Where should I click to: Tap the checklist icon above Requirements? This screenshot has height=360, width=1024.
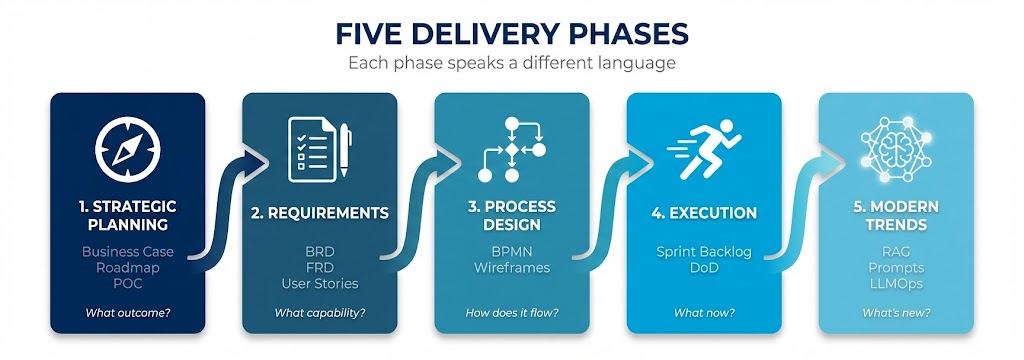319,149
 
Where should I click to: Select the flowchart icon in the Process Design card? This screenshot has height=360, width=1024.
511,149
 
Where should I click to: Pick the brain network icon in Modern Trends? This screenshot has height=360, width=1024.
895,149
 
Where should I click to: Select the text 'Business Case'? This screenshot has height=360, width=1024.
127,251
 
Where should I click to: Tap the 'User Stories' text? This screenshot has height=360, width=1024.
319,284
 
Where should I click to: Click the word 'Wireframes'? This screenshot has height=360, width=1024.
511,267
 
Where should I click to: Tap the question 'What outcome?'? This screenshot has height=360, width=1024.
127,313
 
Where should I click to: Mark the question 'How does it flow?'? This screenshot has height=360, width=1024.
511,313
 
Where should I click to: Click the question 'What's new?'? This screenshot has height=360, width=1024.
895,313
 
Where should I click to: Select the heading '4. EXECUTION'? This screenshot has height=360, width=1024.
703,212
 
